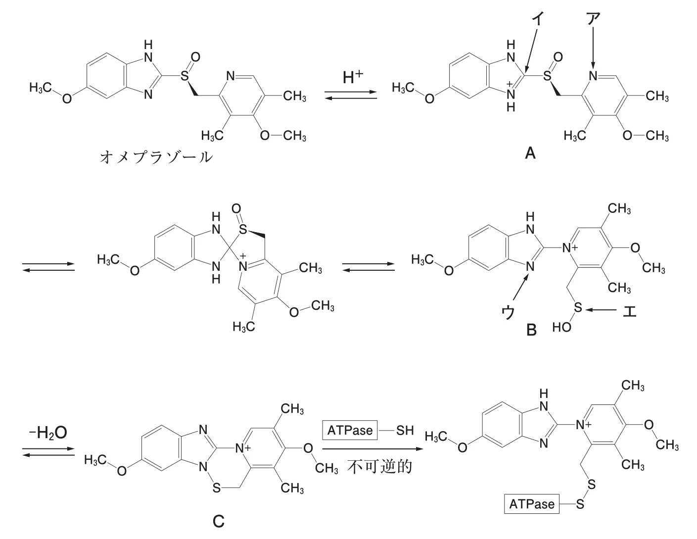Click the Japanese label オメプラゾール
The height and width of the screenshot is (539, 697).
(x=156, y=157)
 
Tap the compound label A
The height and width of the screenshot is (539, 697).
(x=530, y=153)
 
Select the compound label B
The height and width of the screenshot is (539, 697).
(x=531, y=330)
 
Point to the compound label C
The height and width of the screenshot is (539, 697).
(x=219, y=522)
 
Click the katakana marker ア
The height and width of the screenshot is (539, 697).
(x=593, y=18)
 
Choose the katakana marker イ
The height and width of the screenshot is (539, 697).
(x=538, y=18)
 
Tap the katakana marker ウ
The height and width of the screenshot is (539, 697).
(x=508, y=312)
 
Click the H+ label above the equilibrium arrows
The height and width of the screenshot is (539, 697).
(x=353, y=77)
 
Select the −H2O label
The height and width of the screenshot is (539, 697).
(x=48, y=433)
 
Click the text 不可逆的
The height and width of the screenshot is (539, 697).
(x=380, y=467)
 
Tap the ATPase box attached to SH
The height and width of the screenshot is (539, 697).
(x=350, y=430)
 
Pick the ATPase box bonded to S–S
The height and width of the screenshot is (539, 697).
(x=531, y=504)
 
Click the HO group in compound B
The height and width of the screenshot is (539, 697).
(x=561, y=327)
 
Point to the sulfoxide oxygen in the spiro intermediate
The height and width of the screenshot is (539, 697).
(x=236, y=208)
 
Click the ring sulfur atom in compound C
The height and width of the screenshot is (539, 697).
(x=217, y=488)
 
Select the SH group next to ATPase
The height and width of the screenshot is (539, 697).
(x=405, y=430)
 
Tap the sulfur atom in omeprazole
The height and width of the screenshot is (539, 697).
(x=184, y=76)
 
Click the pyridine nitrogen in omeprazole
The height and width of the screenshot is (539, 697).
(x=231, y=76)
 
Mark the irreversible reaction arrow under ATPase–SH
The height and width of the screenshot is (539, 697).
(x=372, y=449)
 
